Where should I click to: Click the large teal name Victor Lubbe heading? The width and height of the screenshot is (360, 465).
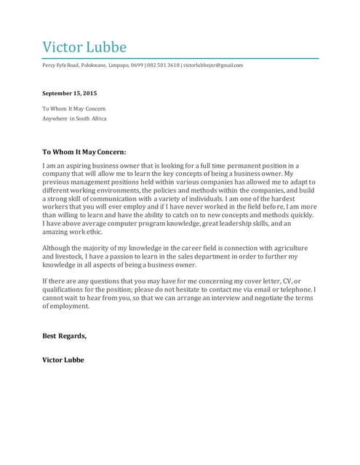pyautogui.click(x=84, y=48)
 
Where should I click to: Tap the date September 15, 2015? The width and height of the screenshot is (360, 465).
pyautogui.click(x=69, y=94)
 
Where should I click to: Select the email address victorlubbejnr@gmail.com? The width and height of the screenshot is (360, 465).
pyautogui.click(x=212, y=65)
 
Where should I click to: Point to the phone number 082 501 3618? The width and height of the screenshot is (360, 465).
pyautogui.click(x=163, y=65)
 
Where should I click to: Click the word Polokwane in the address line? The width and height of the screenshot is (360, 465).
pyautogui.click(x=93, y=65)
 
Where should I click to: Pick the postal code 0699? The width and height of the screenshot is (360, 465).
pyautogui.click(x=137, y=65)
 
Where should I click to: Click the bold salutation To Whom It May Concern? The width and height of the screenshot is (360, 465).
pyautogui.click(x=84, y=153)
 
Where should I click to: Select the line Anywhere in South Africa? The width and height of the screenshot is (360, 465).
pyautogui.click(x=74, y=118)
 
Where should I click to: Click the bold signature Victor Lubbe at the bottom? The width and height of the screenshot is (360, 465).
pyautogui.click(x=63, y=360)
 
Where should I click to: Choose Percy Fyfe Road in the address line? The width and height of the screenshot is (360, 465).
pyautogui.click(x=59, y=65)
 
